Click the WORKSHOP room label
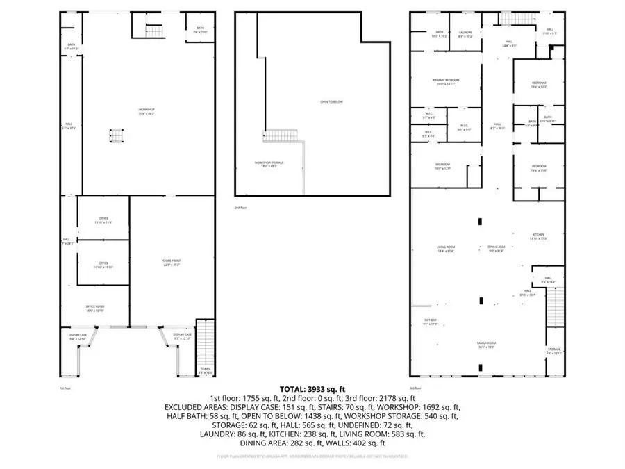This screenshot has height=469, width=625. point(146,110)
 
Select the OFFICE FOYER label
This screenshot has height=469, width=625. point(95,307)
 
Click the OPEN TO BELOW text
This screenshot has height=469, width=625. point(331,102)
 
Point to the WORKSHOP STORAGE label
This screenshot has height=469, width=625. point(268,163)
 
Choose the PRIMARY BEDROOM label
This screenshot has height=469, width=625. point(446,81)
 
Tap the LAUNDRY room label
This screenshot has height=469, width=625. point(465,33)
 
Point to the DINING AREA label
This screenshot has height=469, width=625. point(496,247)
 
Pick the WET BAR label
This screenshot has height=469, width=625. point(431,320)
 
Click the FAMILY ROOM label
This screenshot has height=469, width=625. point(485,344)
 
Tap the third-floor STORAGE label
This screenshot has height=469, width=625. point(553,349)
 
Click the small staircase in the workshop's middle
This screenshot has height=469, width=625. point(116,135)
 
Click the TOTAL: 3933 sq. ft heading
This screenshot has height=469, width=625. point(312,389)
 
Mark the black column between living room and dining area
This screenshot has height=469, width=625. point(479,222)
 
